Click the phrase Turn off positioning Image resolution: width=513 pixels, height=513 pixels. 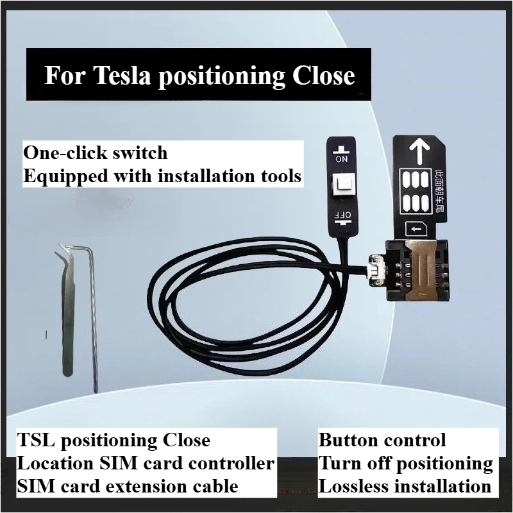[405, 463]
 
